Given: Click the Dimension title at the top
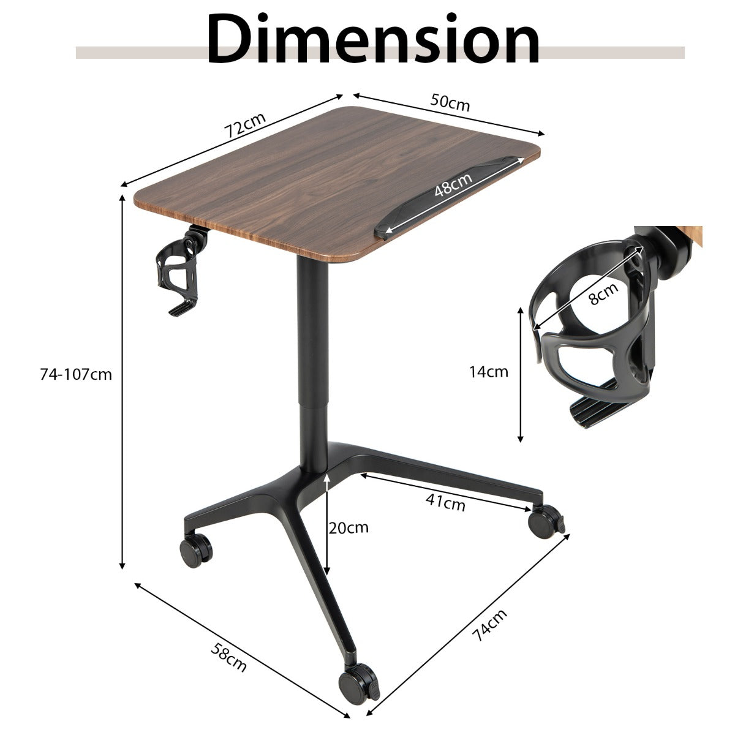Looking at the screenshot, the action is click(x=373, y=40).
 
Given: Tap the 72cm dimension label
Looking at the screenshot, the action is click(x=245, y=125).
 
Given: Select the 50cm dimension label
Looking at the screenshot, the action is click(x=450, y=103).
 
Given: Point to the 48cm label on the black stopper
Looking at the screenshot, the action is click(x=453, y=184).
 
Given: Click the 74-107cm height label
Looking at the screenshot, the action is click(x=76, y=375).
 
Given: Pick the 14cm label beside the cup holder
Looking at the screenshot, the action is click(x=489, y=371).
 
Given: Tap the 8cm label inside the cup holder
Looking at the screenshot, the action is click(x=603, y=293).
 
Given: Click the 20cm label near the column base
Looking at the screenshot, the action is click(x=349, y=528).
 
